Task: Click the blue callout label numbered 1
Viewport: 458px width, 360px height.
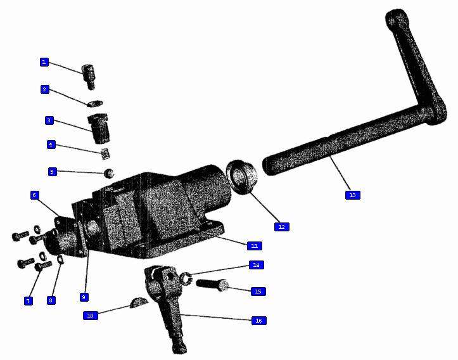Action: click(x=44, y=62)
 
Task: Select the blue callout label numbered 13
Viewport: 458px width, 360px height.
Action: click(x=353, y=195)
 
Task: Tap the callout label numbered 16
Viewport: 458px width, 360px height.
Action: click(x=259, y=321)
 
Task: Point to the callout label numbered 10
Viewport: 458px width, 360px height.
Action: click(x=90, y=316)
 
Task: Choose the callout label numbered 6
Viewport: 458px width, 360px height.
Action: click(x=34, y=195)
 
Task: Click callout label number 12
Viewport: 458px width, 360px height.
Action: click(x=281, y=227)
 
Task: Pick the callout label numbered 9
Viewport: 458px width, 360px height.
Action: click(x=84, y=297)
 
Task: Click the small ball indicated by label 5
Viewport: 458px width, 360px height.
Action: click(x=109, y=173)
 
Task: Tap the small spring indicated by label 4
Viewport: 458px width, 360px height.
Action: click(x=105, y=154)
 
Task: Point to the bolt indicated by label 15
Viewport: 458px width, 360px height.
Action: click(x=212, y=285)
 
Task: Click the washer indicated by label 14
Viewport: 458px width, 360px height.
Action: click(x=186, y=278)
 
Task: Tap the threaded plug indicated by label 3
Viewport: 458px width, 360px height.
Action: click(x=99, y=128)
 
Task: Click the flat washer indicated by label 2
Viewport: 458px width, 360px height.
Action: click(x=95, y=103)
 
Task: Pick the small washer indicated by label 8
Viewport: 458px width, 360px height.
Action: click(x=61, y=259)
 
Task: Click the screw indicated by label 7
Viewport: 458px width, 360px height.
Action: click(x=43, y=266)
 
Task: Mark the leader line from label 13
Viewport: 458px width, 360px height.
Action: click(x=340, y=174)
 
